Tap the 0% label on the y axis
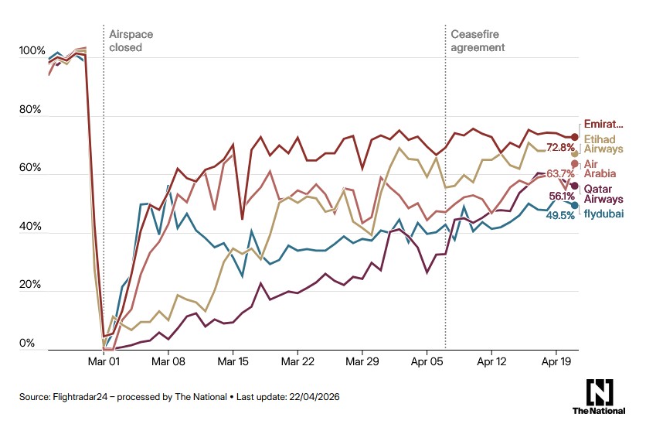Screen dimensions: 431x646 pyautogui.click(x=28, y=344)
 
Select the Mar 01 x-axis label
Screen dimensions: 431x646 pyautogui.click(x=104, y=361)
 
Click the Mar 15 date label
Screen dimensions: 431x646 pyautogui.click(x=232, y=361)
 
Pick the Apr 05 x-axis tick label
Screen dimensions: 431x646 pyautogui.click(x=427, y=361)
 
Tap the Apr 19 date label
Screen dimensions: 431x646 pyautogui.click(x=556, y=361)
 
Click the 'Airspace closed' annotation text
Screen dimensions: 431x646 pyautogui.click(x=125, y=41)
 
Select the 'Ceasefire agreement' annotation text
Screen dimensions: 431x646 pyautogui.click(x=478, y=41)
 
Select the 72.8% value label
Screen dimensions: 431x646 pyautogui.click(x=560, y=147)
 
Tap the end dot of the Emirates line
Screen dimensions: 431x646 pyautogui.click(x=575, y=137)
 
